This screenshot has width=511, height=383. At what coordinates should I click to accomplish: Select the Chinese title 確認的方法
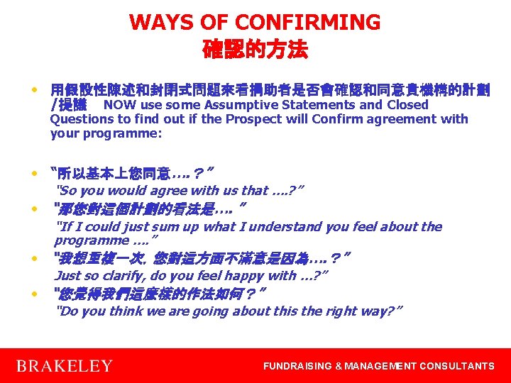255,50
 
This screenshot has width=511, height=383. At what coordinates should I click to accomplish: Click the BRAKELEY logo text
64,366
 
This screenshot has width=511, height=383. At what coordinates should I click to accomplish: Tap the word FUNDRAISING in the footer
297,366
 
